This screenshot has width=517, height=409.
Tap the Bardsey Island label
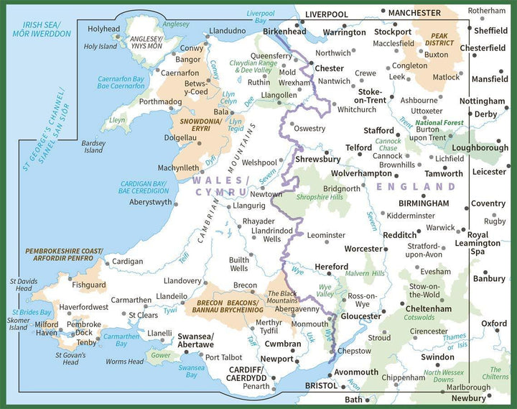click(93, 146)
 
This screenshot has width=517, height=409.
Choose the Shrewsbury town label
click(317, 159)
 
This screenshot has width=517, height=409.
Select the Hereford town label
click(331, 267)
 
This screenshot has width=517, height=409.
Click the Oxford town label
click(493, 323)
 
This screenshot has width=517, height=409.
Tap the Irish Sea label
click(38, 30)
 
